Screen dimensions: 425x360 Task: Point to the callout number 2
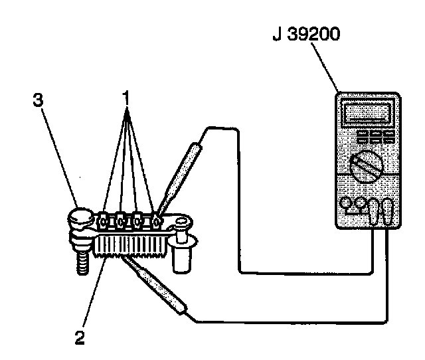(80, 337)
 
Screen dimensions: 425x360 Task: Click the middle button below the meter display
(374, 136)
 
